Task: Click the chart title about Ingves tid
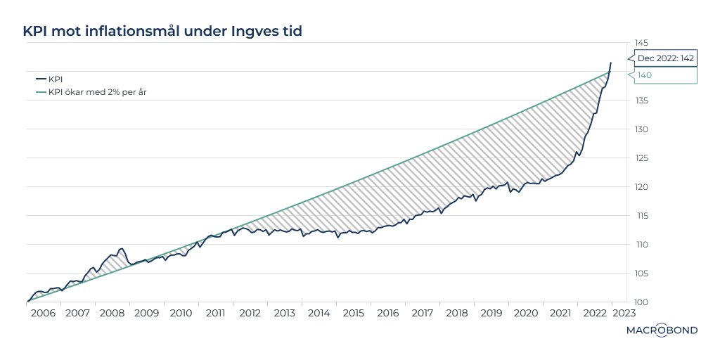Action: [162, 31]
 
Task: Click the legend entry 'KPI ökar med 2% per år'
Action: [91, 92]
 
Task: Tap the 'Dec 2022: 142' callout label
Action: [665, 58]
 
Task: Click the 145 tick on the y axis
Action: [641, 43]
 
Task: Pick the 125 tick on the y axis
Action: [641, 158]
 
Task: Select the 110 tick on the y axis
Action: [641, 244]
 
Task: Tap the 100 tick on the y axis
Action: [641, 302]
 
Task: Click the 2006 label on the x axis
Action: [44, 313]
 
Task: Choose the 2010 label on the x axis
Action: [181, 313]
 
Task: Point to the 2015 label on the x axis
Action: [354, 313]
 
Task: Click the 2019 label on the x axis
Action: [491, 313]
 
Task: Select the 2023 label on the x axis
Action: [624, 313]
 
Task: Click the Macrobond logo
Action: [662, 330]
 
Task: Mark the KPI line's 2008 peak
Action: [122, 248]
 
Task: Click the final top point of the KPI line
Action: [611, 62]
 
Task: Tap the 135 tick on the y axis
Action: [641, 101]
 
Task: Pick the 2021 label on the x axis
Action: [560, 313]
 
